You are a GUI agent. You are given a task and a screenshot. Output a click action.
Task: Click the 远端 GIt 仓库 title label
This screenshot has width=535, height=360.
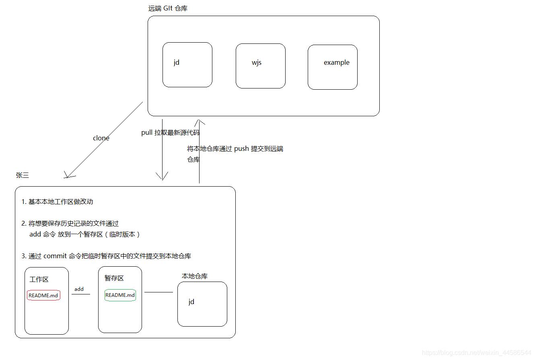(x=168, y=8)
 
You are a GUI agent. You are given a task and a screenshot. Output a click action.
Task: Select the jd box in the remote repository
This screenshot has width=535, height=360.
(x=187, y=65)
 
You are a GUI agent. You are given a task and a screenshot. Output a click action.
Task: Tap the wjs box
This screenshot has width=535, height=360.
(x=260, y=66)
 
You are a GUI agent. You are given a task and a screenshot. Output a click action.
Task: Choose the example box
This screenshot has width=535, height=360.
(x=332, y=67)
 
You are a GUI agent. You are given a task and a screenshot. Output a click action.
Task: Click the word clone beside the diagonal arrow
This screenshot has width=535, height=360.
(x=101, y=138)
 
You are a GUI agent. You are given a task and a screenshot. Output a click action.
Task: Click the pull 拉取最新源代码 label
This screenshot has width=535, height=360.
(x=170, y=133)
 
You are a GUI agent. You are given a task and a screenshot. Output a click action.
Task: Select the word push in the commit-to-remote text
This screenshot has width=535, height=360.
(x=241, y=149)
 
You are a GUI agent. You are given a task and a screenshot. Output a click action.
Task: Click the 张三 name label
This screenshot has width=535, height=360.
(x=23, y=175)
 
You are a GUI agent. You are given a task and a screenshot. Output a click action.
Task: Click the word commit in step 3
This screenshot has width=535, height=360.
(x=55, y=256)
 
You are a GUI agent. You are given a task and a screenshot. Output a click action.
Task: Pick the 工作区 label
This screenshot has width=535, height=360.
(x=39, y=280)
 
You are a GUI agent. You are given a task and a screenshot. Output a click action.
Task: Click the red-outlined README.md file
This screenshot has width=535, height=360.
(x=43, y=295)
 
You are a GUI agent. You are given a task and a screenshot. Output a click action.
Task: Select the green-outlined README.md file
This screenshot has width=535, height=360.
(x=120, y=295)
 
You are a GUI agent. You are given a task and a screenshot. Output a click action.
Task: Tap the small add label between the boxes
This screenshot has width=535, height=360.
(x=79, y=289)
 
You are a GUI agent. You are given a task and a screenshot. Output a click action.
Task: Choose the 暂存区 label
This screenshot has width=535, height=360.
(x=114, y=278)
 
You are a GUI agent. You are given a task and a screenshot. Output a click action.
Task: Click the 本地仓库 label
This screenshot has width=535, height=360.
(x=195, y=276)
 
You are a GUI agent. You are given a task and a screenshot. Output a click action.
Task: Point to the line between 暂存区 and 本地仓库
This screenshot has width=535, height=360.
(x=158, y=292)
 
